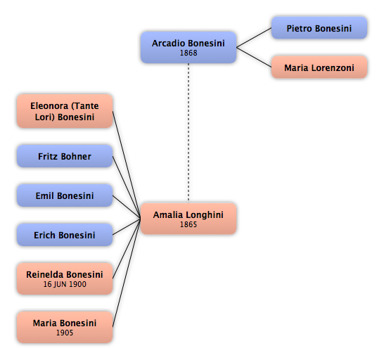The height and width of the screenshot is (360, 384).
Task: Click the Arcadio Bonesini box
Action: click(x=188, y=47)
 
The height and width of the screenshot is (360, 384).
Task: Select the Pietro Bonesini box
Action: click(x=319, y=27)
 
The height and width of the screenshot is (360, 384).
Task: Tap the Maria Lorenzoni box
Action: click(x=319, y=67)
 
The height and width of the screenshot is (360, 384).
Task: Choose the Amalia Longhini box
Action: click(x=188, y=219)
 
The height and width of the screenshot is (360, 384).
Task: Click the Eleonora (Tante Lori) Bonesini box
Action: click(x=65, y=111)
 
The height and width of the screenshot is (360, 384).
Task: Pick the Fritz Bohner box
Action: click(x=65, y=156)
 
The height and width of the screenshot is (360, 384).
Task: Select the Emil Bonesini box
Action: click(x=65, y=195)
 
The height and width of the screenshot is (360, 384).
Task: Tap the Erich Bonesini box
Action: click(x=65, y=235)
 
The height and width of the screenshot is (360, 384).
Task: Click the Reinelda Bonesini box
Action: click(x=65, y=278)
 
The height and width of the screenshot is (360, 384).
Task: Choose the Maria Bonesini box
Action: click(x=65, y=327)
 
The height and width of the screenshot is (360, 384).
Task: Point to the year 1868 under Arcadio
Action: click(x=188, y=53)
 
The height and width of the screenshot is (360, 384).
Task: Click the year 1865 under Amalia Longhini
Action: click(x=188, y=224)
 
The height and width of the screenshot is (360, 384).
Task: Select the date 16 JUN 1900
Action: click(x=65, y=284)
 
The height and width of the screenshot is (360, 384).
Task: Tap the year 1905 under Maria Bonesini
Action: click(x=65, y=333)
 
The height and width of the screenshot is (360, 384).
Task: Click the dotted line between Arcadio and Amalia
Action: click(x=188, y=133)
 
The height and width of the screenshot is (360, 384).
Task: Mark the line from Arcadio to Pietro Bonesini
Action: click(x=254, y=37)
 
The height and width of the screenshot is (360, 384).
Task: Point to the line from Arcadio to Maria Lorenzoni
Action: click(x=254, y=58)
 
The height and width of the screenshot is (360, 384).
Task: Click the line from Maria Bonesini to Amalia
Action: click(x=127, y=273)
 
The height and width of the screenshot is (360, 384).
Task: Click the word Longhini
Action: click(x=208, y=215)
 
